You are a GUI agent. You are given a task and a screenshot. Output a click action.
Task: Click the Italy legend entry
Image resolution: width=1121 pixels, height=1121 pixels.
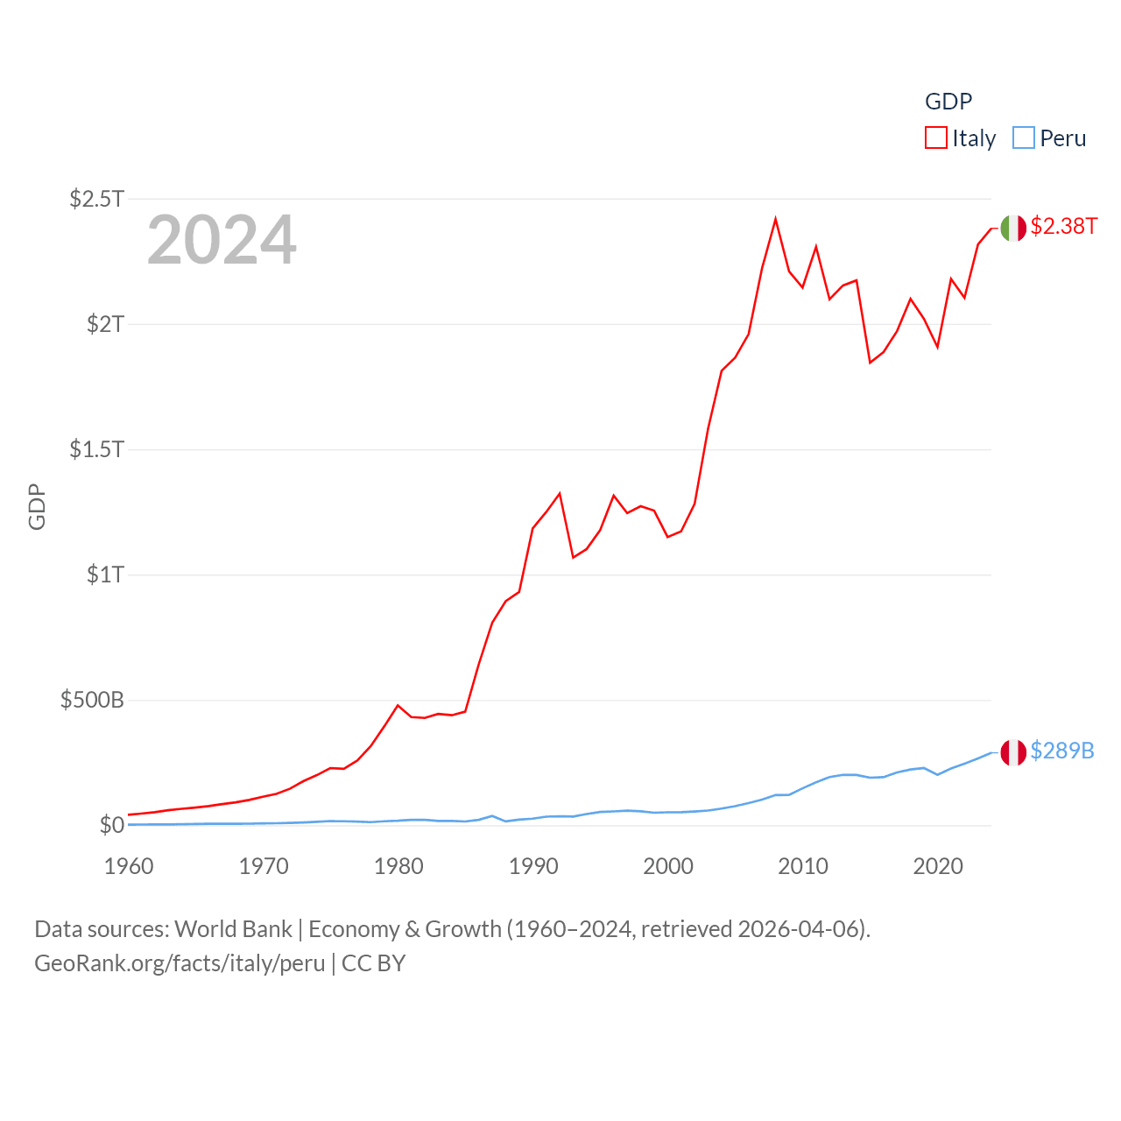(x=961, y=138)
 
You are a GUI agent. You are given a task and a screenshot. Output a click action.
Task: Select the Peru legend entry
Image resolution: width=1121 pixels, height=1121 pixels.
(x=1049, y=138)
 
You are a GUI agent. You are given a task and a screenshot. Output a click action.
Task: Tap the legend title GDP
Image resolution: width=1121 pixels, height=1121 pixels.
(x=948, y=102)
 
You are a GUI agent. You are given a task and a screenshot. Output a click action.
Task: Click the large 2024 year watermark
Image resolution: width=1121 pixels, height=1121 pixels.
(x=222, y=240)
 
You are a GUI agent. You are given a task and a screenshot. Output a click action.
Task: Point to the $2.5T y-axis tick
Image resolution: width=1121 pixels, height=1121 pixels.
(x=96, y=199)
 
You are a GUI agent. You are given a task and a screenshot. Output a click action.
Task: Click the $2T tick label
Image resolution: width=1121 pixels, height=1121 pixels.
(x=105, y=324)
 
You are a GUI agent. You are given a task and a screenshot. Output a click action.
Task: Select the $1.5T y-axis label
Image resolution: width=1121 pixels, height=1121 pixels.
(x=96, y=449)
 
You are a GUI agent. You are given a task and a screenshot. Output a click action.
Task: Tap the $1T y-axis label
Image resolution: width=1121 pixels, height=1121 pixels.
(x=105, y=575)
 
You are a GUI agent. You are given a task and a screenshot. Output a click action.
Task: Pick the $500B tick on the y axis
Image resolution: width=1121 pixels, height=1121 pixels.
(x=92, y=700)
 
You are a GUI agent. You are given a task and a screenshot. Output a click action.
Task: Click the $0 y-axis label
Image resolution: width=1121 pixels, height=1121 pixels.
(x=112, y=825)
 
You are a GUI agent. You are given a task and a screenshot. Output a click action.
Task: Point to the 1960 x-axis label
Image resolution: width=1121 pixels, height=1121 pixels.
(x=129, y=866)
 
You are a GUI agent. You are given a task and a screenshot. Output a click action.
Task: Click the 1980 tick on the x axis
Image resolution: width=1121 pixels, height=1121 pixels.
(x=398, y=866)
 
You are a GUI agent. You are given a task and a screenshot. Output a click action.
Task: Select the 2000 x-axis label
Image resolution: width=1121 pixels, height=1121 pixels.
(x=668, y=866)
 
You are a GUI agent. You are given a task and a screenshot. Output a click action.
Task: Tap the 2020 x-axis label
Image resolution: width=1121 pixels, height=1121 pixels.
(x=938, y=866)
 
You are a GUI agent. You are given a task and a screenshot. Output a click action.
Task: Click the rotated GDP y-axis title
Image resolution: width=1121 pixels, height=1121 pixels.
(x=37, y=506)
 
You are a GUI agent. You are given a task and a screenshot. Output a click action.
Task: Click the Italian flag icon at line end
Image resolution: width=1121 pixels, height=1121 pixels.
(x=1013, y=228)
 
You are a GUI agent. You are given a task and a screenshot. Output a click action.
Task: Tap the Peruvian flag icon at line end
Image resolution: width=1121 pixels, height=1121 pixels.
(x=1013, y=752)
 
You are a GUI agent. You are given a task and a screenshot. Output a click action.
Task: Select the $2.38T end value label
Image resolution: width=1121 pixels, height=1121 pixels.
(x=1063, y=226)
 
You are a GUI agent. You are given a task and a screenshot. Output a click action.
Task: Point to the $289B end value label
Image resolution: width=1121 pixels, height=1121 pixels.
(x=1062, y=751)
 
